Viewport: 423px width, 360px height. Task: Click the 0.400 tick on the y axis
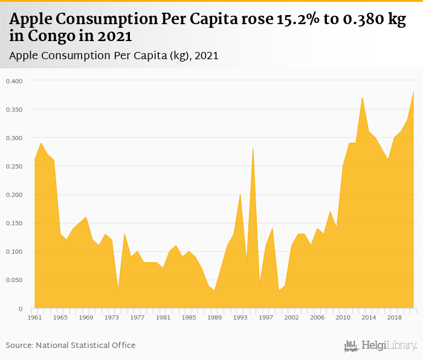14,81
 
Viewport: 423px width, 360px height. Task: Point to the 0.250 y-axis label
14,166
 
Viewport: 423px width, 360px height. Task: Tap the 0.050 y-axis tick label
14,280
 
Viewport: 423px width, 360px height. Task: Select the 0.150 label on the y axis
14,223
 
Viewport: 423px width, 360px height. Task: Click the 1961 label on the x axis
34,317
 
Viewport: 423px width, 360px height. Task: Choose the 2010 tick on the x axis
343,317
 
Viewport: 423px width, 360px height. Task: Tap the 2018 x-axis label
394,317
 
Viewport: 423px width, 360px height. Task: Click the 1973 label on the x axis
111,317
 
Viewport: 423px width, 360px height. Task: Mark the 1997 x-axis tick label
265,317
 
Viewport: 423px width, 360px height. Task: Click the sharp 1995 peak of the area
253,149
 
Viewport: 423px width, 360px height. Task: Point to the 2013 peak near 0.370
362,97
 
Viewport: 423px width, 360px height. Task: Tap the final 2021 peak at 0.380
413,92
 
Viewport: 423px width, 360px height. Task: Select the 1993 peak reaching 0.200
240,194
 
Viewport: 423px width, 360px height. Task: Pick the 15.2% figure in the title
297,20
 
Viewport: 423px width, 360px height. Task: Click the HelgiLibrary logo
380,346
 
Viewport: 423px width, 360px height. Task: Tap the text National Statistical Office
85,346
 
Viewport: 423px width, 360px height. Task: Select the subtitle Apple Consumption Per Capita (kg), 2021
114,56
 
